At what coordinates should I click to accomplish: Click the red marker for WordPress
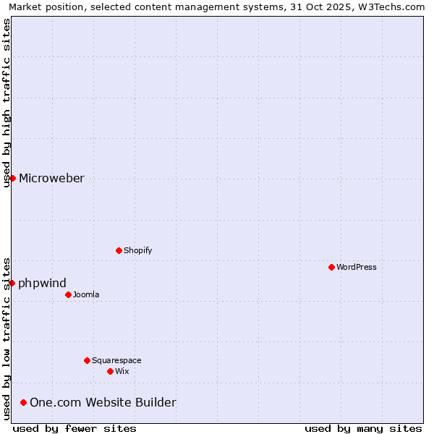pos(331,267)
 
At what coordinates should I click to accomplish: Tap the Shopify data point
pos(119,250)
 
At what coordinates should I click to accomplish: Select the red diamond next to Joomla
pos(68,294)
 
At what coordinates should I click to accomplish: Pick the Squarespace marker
pos(87,360)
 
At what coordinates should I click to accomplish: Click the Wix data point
pos(110,371)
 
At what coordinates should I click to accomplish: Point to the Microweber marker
pos(12,178)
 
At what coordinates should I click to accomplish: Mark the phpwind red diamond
pos(12,283)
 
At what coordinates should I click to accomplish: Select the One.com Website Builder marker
pos(24,402)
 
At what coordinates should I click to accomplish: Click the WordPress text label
pos(357,267)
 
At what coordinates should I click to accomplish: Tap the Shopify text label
pos(137,250)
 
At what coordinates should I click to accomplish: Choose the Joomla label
pos(86,294)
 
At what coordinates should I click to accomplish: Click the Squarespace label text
pos(116,360)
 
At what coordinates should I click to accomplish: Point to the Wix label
pos(122,371)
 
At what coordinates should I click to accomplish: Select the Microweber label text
pos(51,179)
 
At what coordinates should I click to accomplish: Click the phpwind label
pos(42,283)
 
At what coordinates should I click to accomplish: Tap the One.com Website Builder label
pos(103,403)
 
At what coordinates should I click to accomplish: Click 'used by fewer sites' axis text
pos(75,428)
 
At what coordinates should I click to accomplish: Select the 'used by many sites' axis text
pos(363,428)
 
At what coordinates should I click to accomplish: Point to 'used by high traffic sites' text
pos(7,103)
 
